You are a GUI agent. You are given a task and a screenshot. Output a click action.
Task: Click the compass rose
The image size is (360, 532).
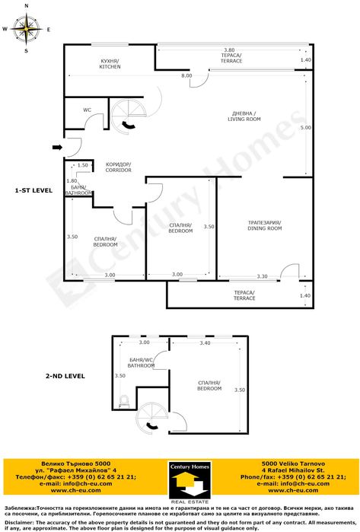coord(27,30)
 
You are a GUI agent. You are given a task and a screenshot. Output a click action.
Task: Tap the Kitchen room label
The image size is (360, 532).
coord(110,63)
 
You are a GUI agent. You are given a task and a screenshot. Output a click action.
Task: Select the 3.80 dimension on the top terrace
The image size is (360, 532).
coord(228,49)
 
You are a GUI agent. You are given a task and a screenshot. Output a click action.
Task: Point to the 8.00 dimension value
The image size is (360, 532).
coord(186,76)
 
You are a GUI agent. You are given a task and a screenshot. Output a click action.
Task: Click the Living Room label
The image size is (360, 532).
coord(246,116)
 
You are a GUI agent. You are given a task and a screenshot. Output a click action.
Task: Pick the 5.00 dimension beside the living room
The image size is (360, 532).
coord(305,128)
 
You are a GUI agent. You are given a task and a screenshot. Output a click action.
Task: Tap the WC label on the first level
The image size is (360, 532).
coord(87,110)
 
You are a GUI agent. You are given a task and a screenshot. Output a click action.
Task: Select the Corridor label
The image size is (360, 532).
coord(118,167)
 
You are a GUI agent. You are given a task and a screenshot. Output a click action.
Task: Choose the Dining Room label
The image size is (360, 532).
coord(264,225)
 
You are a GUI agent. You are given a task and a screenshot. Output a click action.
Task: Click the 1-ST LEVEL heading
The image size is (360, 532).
coord(33,190)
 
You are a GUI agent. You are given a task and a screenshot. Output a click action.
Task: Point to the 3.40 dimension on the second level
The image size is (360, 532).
coord(205,343)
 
